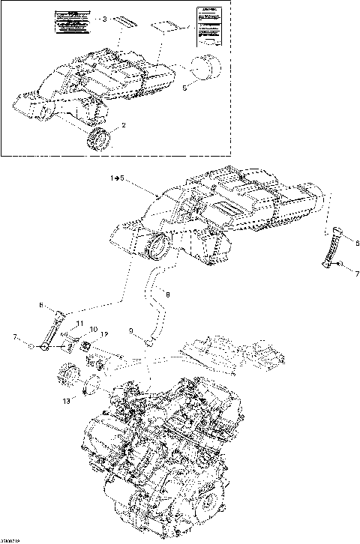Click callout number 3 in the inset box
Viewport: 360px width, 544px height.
click(x=106, y=19)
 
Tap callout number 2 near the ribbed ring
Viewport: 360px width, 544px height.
click(x=123, y=125)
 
